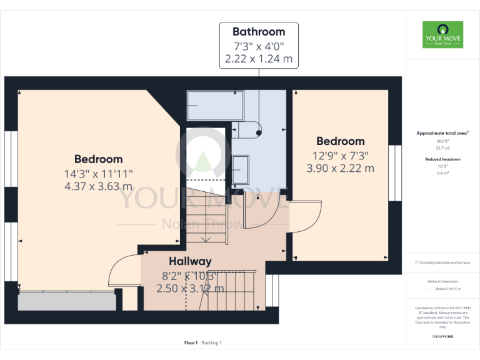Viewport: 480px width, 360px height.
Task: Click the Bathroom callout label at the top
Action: click(258, 32)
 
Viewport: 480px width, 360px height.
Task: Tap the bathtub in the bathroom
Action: click(214, 105)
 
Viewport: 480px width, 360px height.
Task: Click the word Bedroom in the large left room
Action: click(98, 159)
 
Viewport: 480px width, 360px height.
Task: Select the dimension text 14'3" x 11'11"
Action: click(98, 173)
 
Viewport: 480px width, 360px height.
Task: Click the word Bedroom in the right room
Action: click(340, 141)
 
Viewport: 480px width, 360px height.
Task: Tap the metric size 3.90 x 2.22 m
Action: click(340, 168)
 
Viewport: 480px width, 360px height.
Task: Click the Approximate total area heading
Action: click(442, 133)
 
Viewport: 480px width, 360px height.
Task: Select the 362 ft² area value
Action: click(442, 141)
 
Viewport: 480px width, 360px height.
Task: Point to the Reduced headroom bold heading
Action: click(442, 159)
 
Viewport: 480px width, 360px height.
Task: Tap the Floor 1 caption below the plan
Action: click(191, 342)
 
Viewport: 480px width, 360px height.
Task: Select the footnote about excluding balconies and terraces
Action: click(442, 262)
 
